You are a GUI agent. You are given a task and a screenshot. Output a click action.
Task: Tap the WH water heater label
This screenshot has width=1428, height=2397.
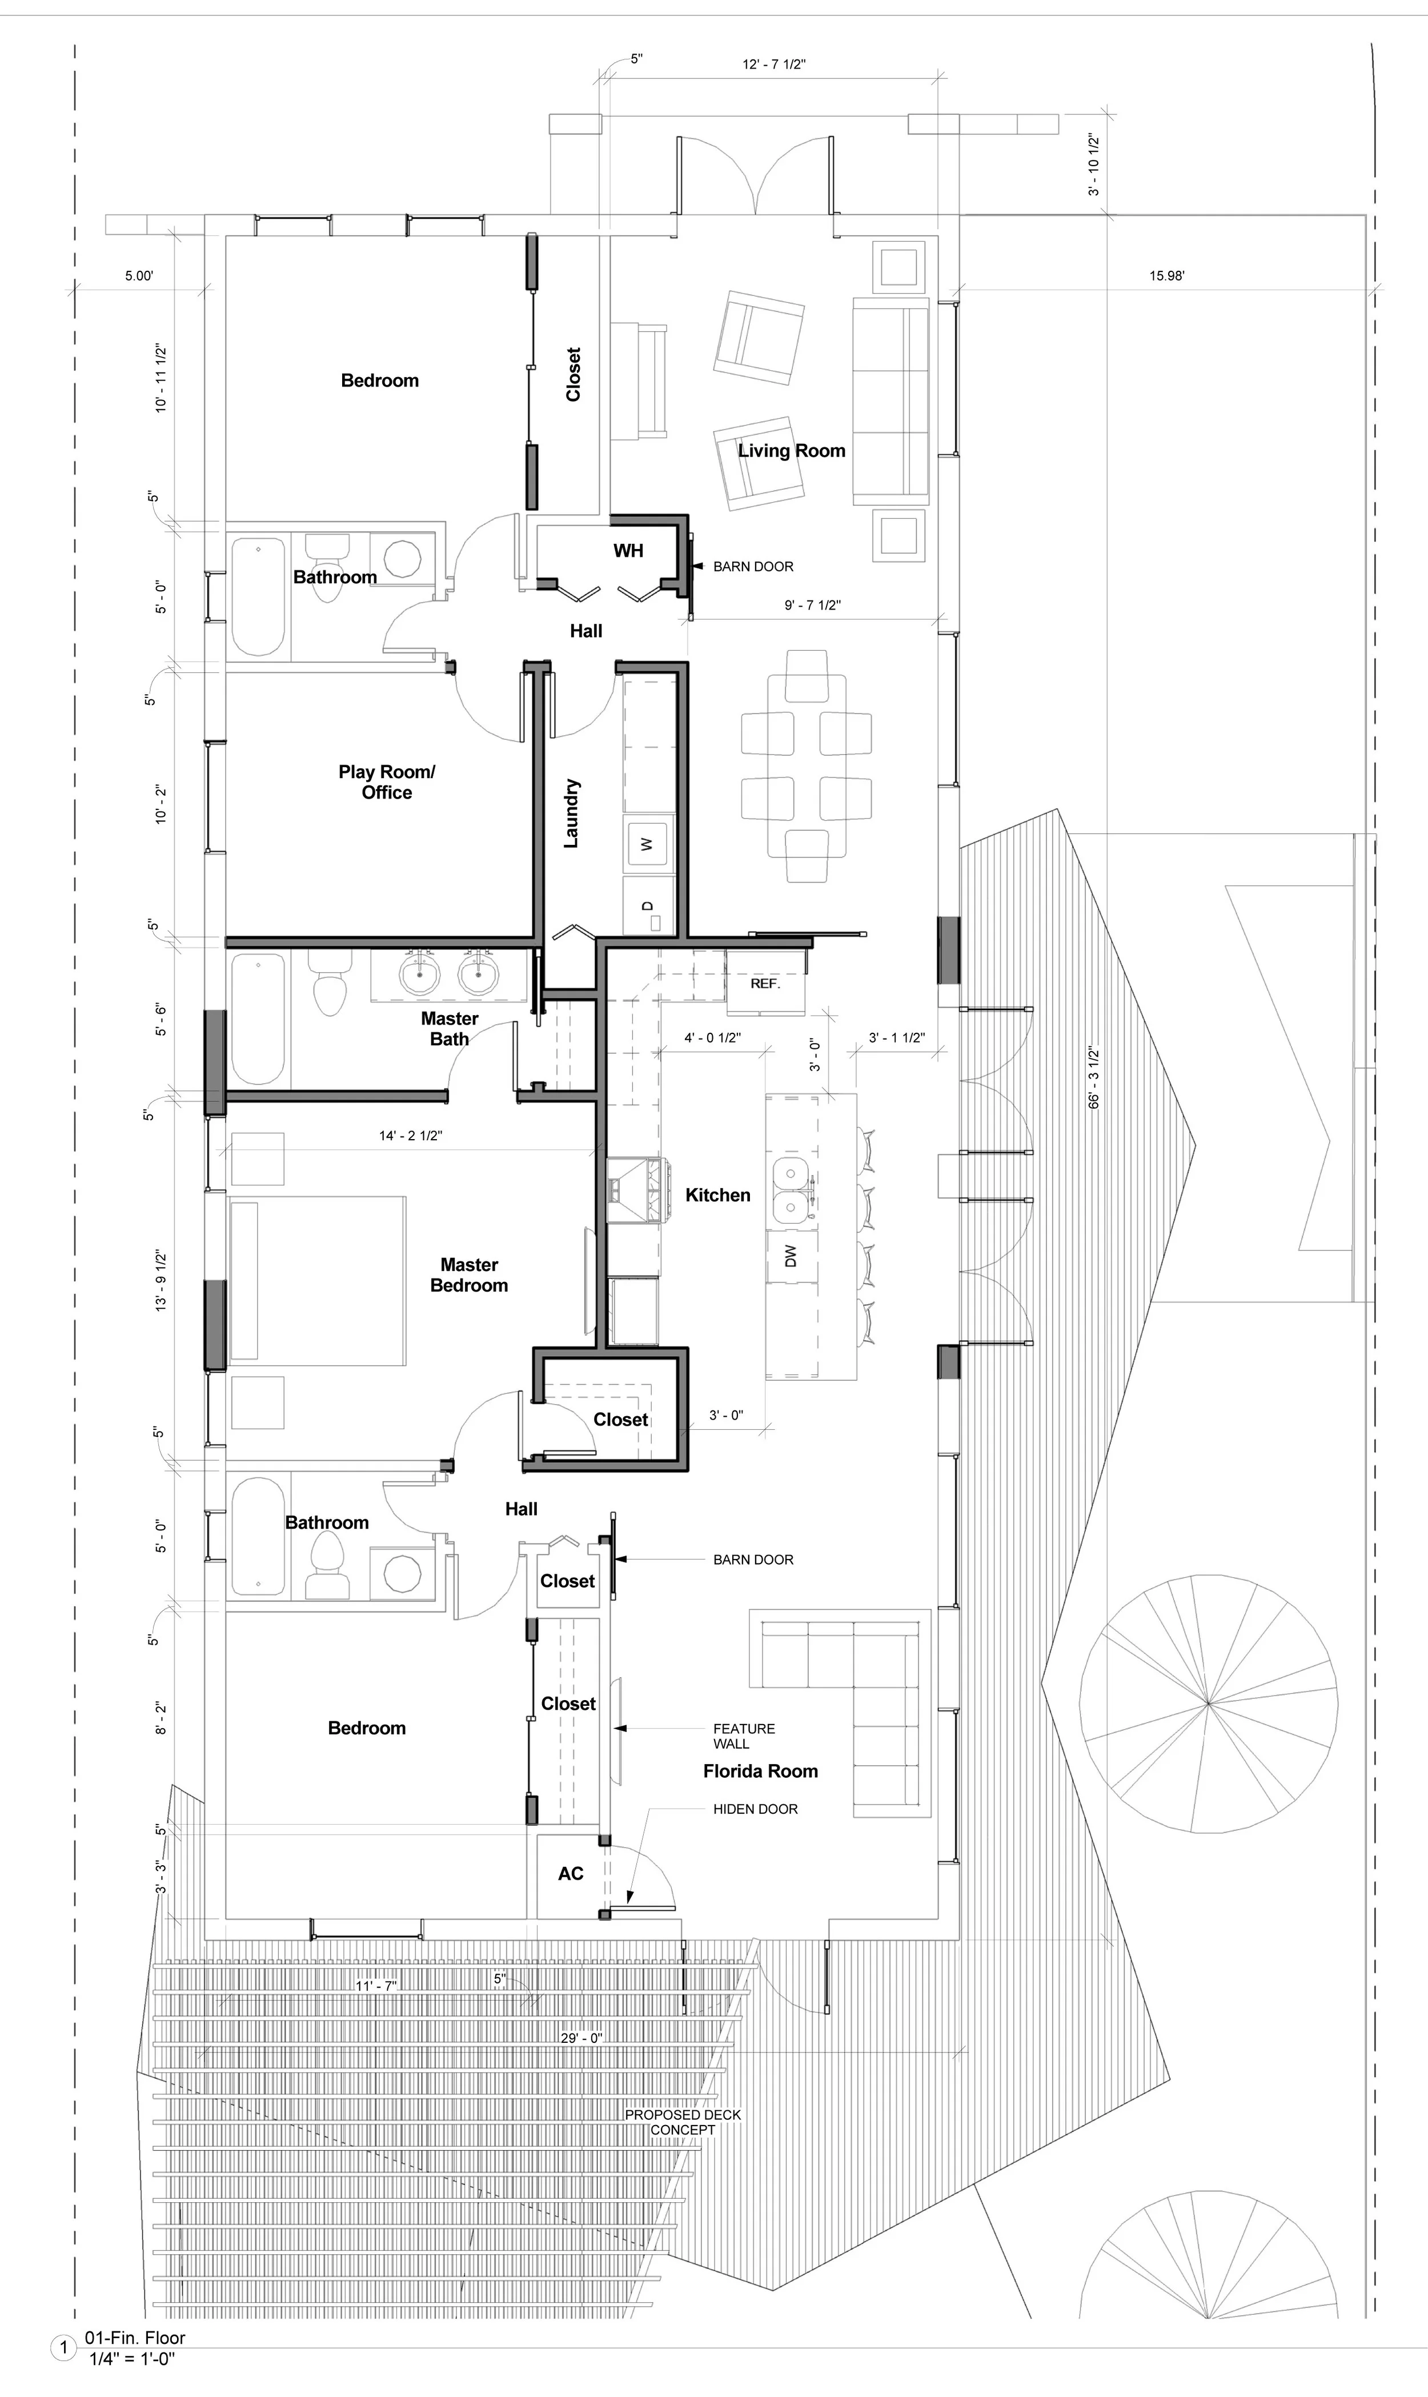(628, 551)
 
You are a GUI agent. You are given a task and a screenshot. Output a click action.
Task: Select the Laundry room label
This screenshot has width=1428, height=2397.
(572, 813)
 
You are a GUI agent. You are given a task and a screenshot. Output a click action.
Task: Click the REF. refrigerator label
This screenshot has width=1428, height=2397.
(765, 984)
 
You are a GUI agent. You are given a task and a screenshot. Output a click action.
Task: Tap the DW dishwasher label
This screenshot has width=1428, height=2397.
(791, 1256)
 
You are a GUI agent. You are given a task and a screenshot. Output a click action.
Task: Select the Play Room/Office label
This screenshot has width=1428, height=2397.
(387, 781)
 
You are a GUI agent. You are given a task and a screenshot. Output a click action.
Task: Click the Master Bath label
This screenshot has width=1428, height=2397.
(450, 1029)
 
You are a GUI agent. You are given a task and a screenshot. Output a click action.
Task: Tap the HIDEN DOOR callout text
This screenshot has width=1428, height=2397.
(755, 1809)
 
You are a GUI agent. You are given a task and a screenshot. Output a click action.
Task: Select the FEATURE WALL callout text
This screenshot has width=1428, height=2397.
(744, 1736)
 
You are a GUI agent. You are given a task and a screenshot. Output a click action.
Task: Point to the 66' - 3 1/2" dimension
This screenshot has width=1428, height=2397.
(1094, 1078)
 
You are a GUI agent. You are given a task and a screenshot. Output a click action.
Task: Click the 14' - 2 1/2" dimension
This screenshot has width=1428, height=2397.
(411, 1136)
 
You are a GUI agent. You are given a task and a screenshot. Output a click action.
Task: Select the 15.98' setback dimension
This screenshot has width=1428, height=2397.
(1167, 276)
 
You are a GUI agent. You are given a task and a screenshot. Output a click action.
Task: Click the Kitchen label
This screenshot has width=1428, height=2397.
(718, 1195)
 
